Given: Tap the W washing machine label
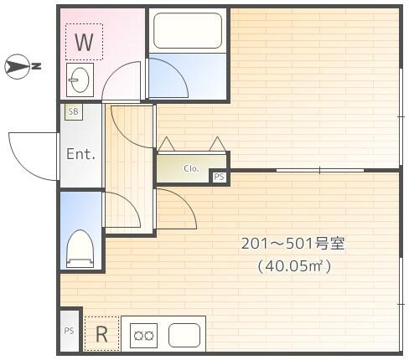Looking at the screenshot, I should coord(84,41).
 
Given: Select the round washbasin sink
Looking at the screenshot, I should coord(81,81).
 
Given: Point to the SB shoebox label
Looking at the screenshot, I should coord(73,111).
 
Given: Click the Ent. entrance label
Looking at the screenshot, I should coord(80,154).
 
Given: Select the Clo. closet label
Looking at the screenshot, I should coord(191,168).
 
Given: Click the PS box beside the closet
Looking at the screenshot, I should coord(219,177).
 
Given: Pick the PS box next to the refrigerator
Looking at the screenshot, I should coord(69,331).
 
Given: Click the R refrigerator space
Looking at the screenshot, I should coord(101,334).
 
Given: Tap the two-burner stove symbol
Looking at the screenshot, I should coord(142,336).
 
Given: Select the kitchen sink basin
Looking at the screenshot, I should coord(184,335).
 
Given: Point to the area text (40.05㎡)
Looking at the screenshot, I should coord(294,266).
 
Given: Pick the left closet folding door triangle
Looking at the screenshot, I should coord(166,144).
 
